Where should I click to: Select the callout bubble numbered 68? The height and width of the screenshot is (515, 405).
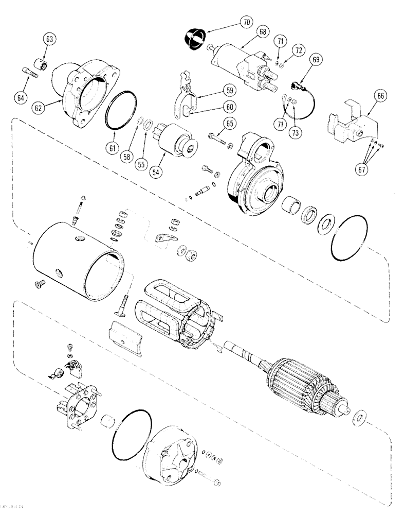coord(263,32)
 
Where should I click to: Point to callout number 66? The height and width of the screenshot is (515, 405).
coord(382,95)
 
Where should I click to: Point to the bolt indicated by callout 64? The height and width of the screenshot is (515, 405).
coord(31,73)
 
